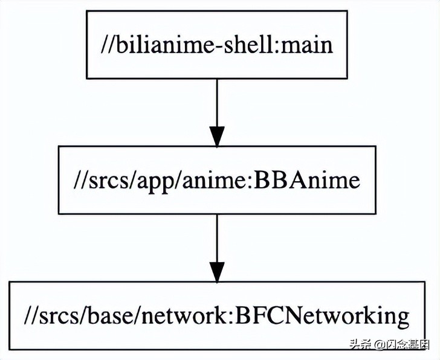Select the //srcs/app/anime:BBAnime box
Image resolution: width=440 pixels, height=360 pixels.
pos(217,180)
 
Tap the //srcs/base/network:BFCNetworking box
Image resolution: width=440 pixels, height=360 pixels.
pos(217,315)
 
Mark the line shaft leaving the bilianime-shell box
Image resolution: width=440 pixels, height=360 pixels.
pos(217,100)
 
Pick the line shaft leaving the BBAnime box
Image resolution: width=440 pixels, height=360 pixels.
pos(217,236)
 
